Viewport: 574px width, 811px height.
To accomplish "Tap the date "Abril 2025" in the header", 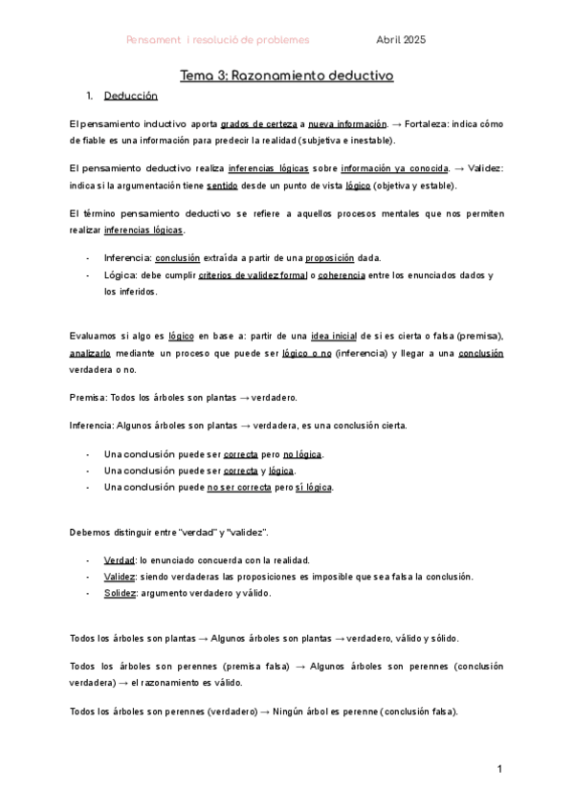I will click(401, 39).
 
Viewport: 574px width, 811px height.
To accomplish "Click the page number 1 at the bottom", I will click(499, 770).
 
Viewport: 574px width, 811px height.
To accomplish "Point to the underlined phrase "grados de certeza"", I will click(257, 124).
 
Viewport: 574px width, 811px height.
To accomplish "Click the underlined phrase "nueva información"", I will click(346, 124).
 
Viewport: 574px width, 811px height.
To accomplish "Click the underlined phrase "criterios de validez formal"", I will click(243, 275).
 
